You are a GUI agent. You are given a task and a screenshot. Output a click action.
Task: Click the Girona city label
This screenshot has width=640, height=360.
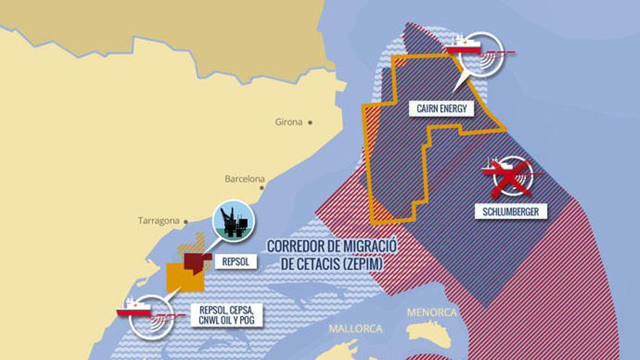(288, 122)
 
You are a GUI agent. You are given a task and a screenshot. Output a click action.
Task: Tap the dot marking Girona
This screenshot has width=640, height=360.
(311, 122)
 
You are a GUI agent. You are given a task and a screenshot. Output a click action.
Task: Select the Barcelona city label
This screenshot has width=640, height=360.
(244, 178)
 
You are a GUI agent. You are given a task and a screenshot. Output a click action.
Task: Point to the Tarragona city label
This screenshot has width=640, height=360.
(158, 220)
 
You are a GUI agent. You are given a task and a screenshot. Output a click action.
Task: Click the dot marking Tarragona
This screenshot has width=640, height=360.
(186, 220)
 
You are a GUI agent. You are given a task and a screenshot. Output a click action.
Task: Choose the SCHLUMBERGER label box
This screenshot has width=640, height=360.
(511, 212)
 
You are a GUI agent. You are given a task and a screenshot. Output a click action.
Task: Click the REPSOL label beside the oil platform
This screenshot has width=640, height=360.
(236, 260)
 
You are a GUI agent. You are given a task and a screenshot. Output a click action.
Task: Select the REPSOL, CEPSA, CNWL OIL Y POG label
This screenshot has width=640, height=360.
(225, 314)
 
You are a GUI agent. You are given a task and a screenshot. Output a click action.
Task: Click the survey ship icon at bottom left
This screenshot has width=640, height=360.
(149, 315)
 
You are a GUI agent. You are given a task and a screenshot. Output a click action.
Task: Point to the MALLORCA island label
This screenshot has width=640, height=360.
(355, 329)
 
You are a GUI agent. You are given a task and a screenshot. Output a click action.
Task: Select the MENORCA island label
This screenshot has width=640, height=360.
(432, 313)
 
